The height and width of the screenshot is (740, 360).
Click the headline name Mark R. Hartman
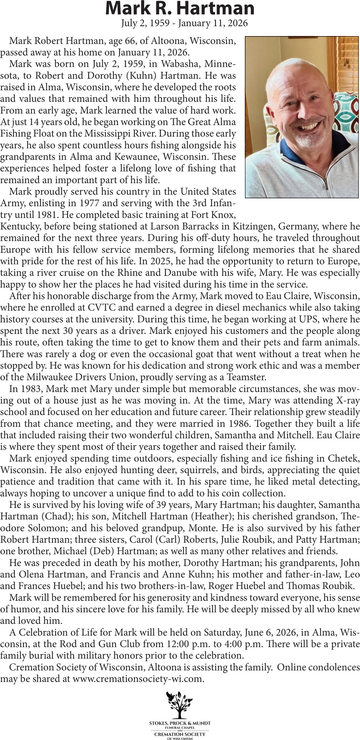point(180,8)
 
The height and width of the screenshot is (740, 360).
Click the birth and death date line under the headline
point(184,23)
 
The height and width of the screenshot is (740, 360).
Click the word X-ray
point(337,401)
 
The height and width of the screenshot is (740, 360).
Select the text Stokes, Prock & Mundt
point(180,723)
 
